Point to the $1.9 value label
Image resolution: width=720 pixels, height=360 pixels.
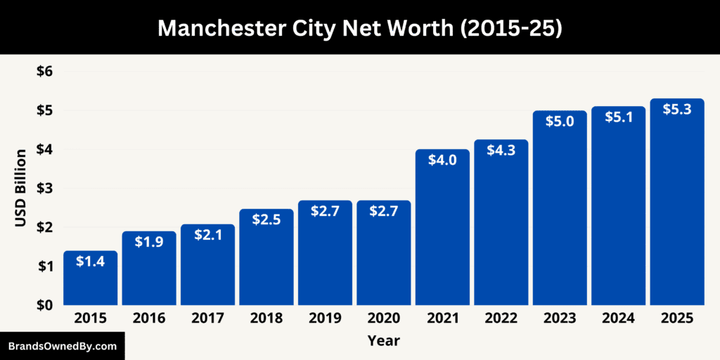[149, 243]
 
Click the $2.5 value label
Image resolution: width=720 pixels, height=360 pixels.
[266, 220]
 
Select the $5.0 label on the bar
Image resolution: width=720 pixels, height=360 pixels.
[560, 122]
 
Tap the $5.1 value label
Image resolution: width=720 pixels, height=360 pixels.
[618, 117]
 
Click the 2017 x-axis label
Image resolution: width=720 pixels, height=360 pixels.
[207, 319]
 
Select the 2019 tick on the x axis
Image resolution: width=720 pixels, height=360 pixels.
[325, 319]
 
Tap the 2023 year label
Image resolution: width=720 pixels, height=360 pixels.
[560, 319]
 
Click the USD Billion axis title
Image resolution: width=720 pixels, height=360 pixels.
[21, 188]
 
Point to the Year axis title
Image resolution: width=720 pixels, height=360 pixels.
[383, 341]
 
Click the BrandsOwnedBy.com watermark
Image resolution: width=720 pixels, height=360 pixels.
[62, 347]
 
